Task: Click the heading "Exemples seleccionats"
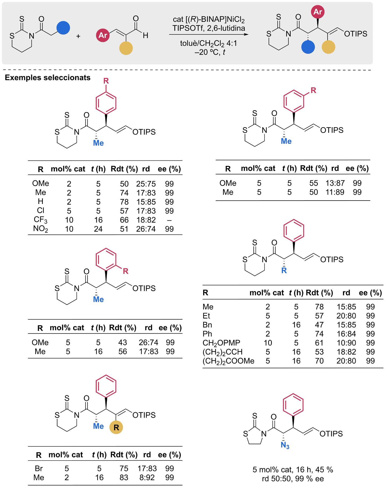48,78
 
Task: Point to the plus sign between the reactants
78,36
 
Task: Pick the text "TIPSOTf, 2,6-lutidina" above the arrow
209,28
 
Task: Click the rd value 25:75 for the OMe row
146,184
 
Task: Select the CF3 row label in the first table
41,220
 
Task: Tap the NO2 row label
41,229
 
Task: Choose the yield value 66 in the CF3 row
124,220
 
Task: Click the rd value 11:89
335,192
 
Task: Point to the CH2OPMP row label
221,343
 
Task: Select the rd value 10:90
346,343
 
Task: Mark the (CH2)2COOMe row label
228,361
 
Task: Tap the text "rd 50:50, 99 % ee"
293,478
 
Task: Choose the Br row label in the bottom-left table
39,468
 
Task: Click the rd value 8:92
147,478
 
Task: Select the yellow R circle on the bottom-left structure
116,427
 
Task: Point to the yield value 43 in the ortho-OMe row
123,342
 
